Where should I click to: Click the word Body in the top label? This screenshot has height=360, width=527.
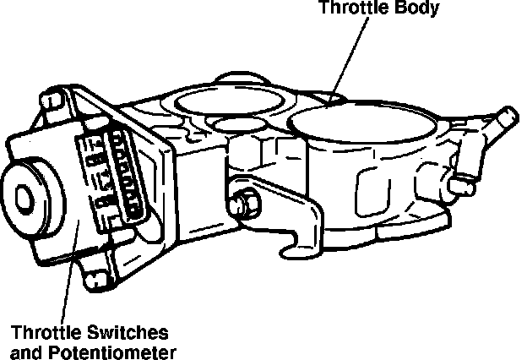pyautogui.click(x=416, y=9)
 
